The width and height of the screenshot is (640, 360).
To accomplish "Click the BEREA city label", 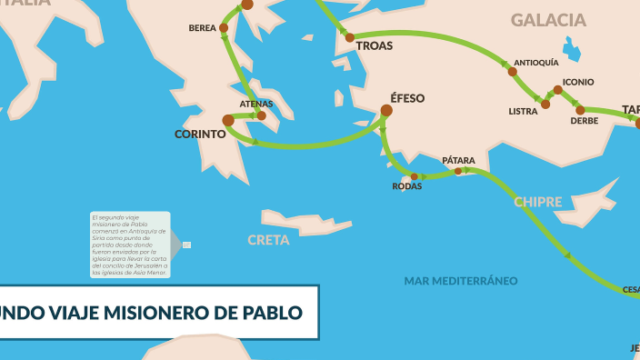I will click(203, 28).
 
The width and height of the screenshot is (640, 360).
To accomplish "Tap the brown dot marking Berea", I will click(224, 28).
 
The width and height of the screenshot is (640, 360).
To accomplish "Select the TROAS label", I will click(375, 45).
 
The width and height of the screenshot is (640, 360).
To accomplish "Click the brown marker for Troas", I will click(349, 38).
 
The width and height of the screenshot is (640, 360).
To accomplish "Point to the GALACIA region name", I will click(548, 20).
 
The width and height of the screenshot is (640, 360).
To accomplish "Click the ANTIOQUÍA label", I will click(536, 63).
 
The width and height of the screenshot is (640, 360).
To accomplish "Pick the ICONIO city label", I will click(578, 82).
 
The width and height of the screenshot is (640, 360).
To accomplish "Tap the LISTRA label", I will click(523, 111).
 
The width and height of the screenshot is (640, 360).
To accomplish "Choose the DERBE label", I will click(584, 121).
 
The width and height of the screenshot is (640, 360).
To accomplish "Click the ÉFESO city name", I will click(407, 98).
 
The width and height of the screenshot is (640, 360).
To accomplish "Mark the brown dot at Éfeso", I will click(386, 111).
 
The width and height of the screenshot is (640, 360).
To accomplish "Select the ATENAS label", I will click(256, 104).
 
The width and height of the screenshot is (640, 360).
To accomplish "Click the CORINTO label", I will click(200, 134).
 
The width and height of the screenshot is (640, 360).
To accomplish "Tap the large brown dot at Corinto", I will click(228, 120).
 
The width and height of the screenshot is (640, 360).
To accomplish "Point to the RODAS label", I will click(407, 186).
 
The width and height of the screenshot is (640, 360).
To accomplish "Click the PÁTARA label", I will click(458, 160).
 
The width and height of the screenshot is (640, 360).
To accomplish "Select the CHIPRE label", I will click(538, 202).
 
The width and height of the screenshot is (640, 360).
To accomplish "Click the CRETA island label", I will click(269, 240).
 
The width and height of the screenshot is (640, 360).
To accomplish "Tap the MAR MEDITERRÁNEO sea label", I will click(461, 281).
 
